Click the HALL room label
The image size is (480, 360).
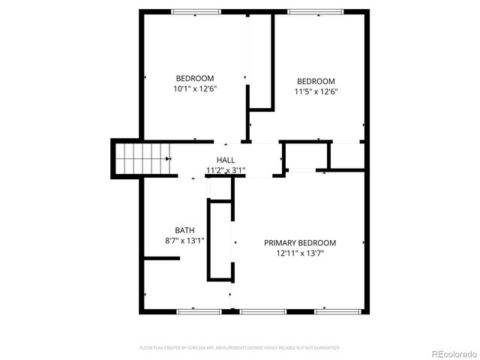coord(225,160)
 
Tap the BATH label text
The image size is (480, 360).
coord(184,230)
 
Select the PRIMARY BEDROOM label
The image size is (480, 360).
coord(299,243)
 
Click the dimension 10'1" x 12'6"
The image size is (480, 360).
coord(194,88)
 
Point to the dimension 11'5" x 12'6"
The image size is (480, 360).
coord(316,91)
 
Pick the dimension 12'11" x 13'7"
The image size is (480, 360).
coord(300,253)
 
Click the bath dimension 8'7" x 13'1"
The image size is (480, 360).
coord(184,241)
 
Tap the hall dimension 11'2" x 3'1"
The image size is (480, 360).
coord(225,170)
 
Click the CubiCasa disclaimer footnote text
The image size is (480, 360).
coord(240,348)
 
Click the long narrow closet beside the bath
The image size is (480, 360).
coord(220,240)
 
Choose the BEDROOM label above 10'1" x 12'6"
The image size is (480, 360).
coord(195,78)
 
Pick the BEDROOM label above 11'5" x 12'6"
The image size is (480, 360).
coord(316,81)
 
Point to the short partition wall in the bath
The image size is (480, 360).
coord(161,259)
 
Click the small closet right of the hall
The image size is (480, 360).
coord(306,156)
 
